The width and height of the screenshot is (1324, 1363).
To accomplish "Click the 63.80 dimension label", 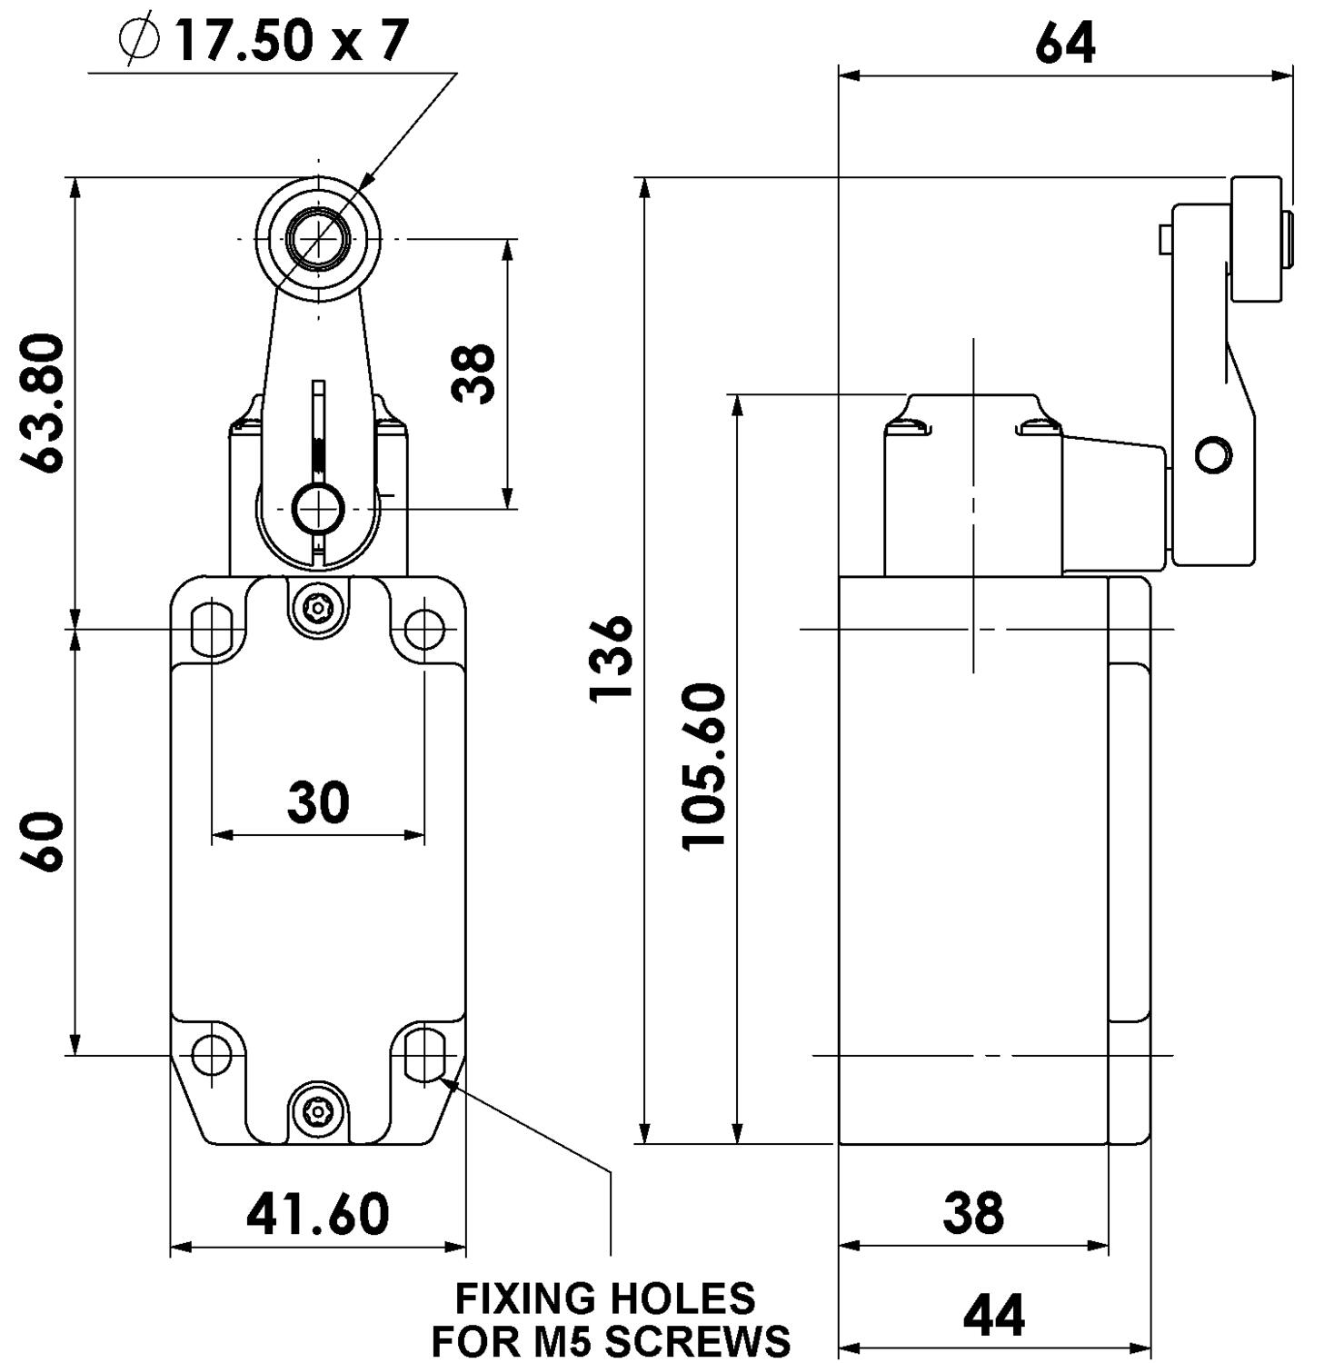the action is click(44, 403).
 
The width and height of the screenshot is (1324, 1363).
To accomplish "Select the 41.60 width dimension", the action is click(318, 1214).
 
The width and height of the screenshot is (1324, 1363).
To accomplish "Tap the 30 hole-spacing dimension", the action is click(318, 801).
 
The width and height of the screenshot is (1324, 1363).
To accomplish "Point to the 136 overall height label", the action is click(611, 658).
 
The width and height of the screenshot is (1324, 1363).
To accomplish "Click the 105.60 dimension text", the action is click(704, 767).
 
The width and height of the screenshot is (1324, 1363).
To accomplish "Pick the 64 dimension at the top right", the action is click(1065, 43).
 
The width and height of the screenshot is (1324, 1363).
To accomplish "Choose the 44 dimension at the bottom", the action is click(994, 1315).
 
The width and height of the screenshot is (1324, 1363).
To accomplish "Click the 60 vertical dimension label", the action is click(43, 841).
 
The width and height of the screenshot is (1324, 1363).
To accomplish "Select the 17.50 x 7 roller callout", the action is click(291, 40).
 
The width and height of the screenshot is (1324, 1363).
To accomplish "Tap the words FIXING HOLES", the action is click(605, 1298).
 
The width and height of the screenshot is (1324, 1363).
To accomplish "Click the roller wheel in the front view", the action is click(318, 239).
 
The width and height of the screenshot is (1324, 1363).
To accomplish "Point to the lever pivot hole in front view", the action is click(318, 508).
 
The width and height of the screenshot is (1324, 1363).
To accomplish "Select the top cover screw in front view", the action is click(318, 605).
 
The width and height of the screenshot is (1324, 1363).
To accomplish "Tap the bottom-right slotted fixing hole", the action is click(424, 1055).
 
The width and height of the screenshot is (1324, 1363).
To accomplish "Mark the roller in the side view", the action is click(1256, 240).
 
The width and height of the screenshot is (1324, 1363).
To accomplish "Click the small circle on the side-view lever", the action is click(1213, 453).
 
